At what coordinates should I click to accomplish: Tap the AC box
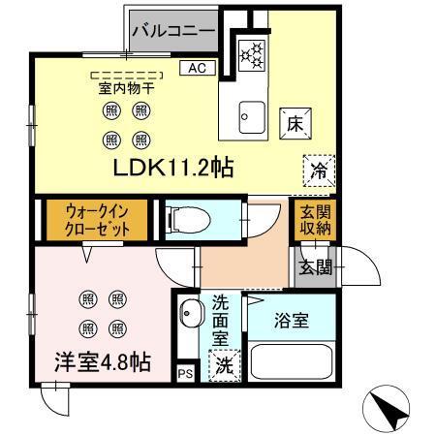tap(196, 68)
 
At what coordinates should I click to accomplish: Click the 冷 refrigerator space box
tap(318, 171)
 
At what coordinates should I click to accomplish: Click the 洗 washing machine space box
tap(224, 367)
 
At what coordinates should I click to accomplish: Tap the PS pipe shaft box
tap(184, 372)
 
